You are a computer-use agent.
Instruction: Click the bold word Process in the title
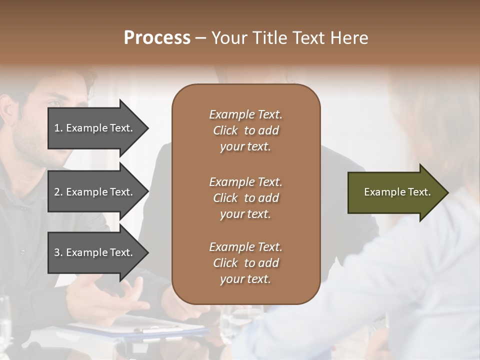157,38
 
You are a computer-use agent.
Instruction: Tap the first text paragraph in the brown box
245,130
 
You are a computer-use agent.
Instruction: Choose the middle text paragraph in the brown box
245,198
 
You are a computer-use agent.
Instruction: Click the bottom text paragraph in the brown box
245,263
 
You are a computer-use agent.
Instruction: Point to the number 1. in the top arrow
58,128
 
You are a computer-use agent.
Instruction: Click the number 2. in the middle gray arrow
58,192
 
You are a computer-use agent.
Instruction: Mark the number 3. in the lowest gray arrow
58,252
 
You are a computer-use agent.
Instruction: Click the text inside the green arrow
397,192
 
